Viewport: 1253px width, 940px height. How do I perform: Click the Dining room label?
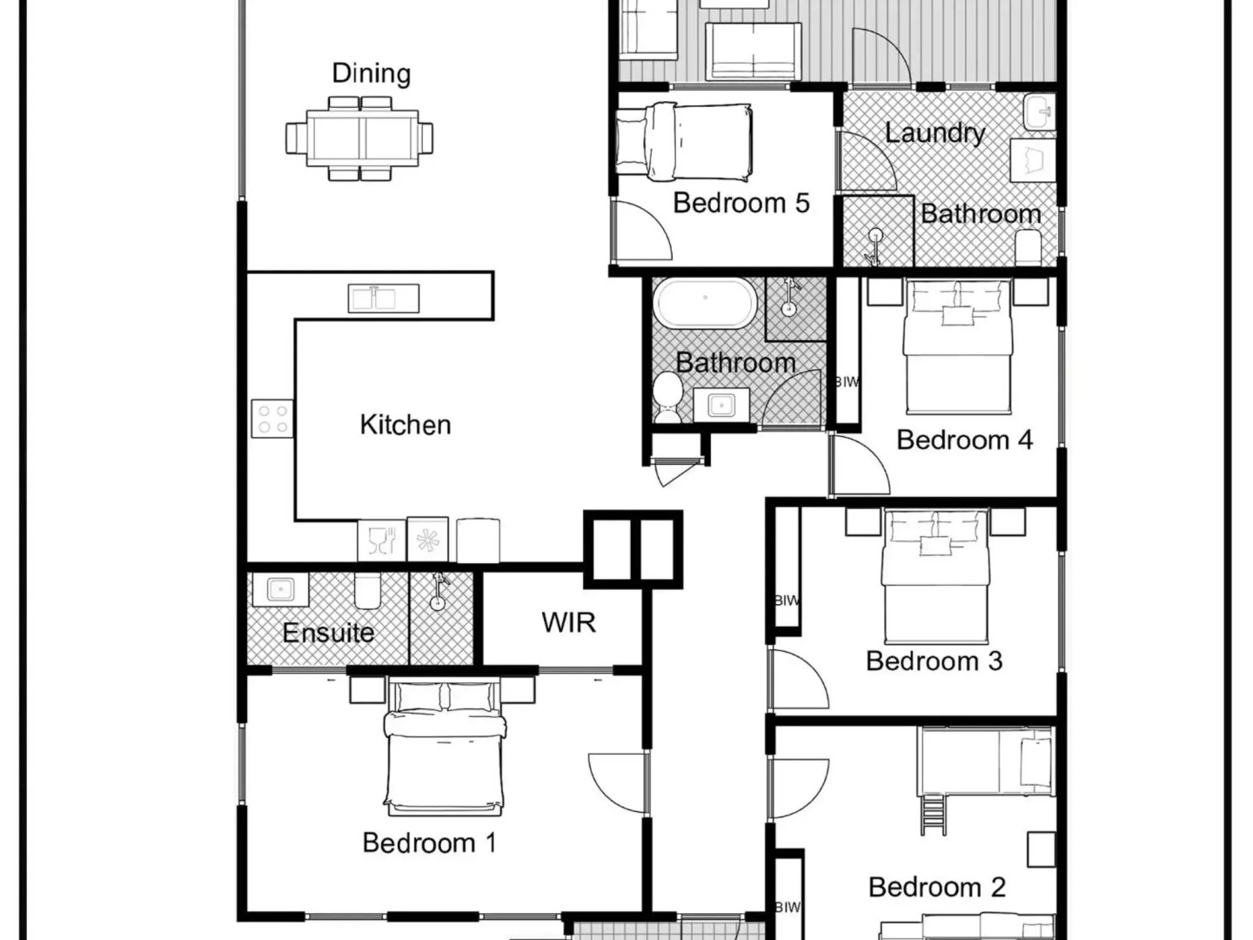[371, 74]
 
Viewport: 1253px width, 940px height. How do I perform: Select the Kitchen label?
[405, 425]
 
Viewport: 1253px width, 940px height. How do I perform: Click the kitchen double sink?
[384, 299]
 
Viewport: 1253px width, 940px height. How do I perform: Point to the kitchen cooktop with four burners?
[272, 419]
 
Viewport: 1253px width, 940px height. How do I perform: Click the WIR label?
[568, 622]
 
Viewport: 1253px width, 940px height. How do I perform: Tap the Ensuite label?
[328, 633]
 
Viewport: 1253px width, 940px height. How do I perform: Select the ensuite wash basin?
[280, 589]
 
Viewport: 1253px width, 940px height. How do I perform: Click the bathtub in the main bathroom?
[705, 303]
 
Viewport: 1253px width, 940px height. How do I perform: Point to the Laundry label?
[935, 133]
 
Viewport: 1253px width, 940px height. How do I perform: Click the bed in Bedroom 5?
[683, 142]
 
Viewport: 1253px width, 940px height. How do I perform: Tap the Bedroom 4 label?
[965, 440]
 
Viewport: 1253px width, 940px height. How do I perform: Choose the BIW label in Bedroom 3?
[787, 601]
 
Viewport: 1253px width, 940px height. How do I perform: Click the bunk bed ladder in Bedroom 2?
[932, 815]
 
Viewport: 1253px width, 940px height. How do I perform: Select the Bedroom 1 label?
[429, 843]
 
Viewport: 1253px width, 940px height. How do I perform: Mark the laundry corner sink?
[1039, 113]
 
